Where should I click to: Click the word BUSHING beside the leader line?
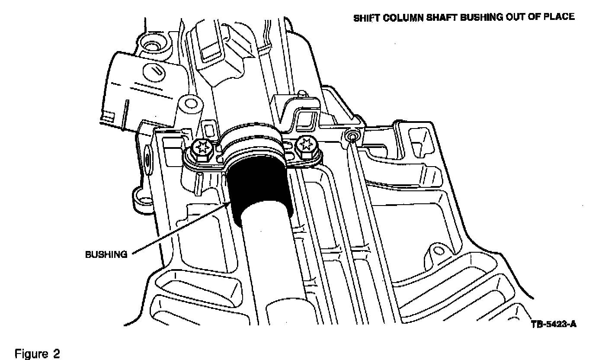click(106, 254)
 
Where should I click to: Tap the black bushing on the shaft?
click(259, 190)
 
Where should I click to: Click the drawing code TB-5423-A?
click(554, 324)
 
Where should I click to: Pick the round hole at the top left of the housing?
click(152, 45)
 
